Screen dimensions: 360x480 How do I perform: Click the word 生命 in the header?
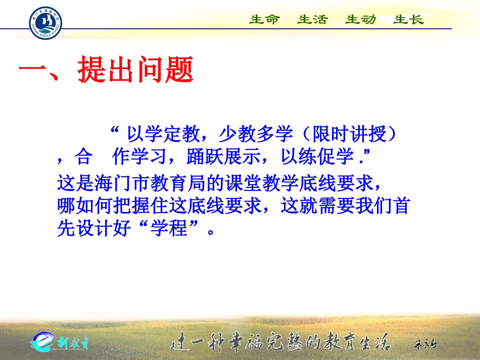(264, 20)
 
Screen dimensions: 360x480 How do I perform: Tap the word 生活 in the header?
(312, 20)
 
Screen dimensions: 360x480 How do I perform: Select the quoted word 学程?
(169, 230)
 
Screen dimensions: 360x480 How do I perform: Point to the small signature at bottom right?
(425, 344)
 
